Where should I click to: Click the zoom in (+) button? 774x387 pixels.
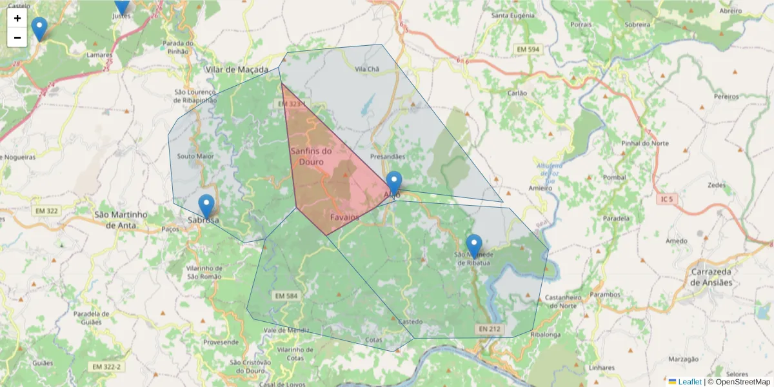pos(17,18)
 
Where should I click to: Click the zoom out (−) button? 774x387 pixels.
pos(17,37)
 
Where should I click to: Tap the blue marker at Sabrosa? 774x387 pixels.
pos(206,207)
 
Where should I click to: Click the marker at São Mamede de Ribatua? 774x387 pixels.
pos(474,246)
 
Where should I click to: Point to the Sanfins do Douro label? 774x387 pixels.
pos(311,156)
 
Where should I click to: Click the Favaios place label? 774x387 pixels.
pos(344,217)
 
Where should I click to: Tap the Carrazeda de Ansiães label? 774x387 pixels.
pos(711,277)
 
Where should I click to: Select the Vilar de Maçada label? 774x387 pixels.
pos(236,69)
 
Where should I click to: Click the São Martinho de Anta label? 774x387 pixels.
pos(121,219)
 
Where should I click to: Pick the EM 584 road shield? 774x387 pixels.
pos(286,296)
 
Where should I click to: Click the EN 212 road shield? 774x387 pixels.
pos(490,329)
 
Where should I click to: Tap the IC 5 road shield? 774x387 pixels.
pos(666,199)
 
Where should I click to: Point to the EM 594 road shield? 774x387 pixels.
pos(528,50)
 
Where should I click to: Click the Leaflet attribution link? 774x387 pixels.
pos(690,382)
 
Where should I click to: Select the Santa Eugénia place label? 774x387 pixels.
pos(513,15)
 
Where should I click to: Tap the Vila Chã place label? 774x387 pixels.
pos(368,69)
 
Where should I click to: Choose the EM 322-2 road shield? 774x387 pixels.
pos(106,366)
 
